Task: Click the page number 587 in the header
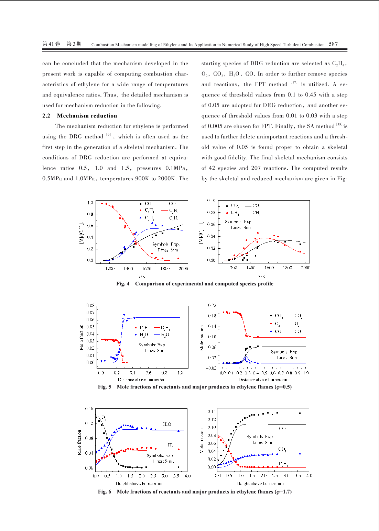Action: click(x=333, y=44)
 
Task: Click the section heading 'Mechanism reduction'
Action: click(x=87, y=116)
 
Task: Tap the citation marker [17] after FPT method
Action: click(x=294, y=82)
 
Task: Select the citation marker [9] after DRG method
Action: click(x=108, y=135)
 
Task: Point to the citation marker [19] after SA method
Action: click(x=339, y=124)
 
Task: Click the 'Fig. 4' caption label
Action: click(x=123, y=284)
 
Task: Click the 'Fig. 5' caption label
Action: click(x=105, y=387)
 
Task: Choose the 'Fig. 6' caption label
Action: click(x=105, y=492)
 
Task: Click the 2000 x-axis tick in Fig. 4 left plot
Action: click(x=183, y=268)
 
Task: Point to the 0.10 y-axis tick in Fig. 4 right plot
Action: click(x=212, y=201)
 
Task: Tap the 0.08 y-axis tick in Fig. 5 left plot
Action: click(x=90, y=305)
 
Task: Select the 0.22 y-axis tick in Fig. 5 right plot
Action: click(x=212, y=305)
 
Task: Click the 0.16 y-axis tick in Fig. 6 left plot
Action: click(x=89, y=409)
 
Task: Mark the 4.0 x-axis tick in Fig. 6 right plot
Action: click(x=309, y=476)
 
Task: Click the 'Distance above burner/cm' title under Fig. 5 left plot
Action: click(x=142, y=380)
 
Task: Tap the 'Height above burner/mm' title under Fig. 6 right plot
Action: click(x=260, y=483)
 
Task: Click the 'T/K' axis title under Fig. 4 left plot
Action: click(x=142, y=276)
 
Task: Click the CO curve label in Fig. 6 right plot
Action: click(x=282, y=428)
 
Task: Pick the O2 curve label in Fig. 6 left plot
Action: click(x=104, y=418)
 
